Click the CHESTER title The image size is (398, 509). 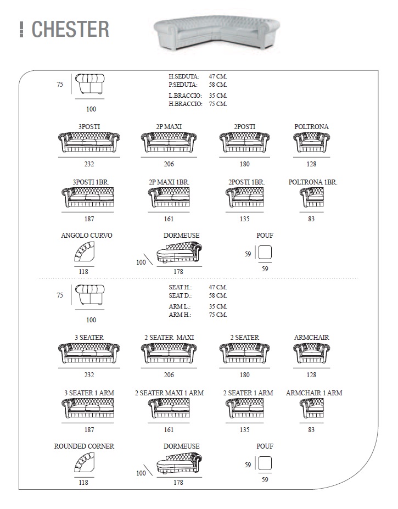coord(70,29)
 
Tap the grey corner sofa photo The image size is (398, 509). coord(216,33)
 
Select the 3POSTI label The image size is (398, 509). coord(89,127)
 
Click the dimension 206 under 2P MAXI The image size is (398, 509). coord(169,164)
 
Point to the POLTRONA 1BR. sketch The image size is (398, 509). coord(312,197)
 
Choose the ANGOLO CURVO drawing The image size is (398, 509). coord(84,251)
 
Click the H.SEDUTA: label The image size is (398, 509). coord(184,77)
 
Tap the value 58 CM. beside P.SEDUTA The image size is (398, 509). coord(218,85)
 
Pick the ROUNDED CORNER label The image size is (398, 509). coord(84,446)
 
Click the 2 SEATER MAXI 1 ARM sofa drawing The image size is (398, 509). coord(169,408)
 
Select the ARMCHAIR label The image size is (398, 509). coord(312,338)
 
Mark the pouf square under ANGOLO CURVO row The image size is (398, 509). coord(265,252)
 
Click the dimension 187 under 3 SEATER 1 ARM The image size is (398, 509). coord(89,429)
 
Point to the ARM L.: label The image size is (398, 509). coord(180,306)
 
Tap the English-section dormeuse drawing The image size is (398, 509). coord(179,462)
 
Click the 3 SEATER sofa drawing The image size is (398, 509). coord(89,353)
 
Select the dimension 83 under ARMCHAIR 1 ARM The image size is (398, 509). coord(311,429)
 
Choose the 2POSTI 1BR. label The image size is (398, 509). coord(246,182)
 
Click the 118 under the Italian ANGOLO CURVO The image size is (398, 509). coord(83,271)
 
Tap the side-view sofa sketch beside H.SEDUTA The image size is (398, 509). coord(90,84)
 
